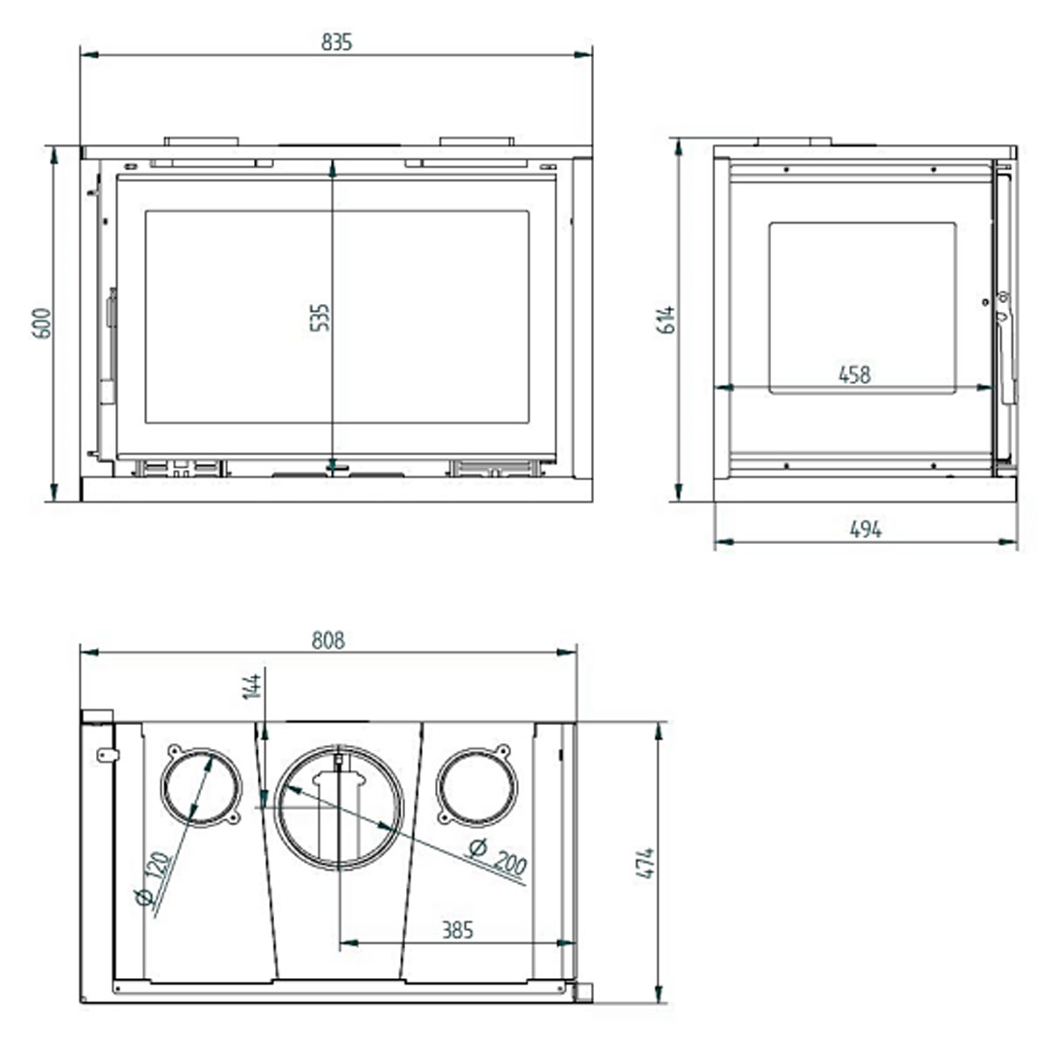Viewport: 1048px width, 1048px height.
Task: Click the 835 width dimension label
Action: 336,41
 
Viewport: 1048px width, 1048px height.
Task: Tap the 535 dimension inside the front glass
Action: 321,316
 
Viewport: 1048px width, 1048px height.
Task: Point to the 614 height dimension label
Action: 666,321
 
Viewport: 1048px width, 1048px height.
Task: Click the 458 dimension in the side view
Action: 854,374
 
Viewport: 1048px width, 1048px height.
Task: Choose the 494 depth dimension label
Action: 865,528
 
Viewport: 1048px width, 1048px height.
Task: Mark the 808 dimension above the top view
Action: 328,640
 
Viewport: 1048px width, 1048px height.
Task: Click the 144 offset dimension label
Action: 252,686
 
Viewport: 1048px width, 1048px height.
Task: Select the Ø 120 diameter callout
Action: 155,880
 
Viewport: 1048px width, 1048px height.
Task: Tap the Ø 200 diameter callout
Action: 498,856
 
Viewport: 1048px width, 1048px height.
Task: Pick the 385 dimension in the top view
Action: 457,930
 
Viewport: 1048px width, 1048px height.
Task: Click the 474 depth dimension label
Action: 645,863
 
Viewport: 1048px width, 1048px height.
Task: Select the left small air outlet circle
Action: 200,786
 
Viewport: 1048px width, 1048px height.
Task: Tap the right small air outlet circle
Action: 476,786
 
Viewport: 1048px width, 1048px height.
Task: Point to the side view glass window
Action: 862,306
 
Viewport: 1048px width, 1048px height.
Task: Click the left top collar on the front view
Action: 201,141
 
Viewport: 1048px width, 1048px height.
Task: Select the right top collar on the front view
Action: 477,141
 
